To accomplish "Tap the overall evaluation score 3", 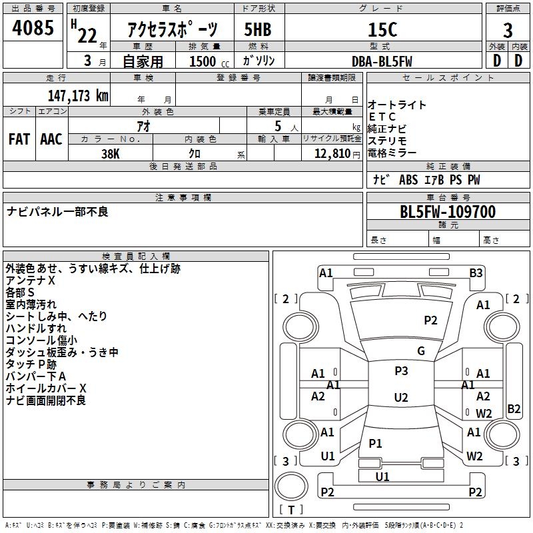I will (508, 31).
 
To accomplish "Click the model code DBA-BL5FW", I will (382, 61).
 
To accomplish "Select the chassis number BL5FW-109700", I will (448, 213).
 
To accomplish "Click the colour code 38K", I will (110, 153).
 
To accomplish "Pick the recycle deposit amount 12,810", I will (331, 154).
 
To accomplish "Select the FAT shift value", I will (19, 139).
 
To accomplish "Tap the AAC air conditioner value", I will (51, 139).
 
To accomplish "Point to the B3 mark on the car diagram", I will (476, 272).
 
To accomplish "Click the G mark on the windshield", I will (421, 351).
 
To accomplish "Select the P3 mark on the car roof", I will (401, 371).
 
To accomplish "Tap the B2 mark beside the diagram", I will (514, 409).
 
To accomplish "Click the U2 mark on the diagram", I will (401, 398).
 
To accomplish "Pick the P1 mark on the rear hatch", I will (375, 444).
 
